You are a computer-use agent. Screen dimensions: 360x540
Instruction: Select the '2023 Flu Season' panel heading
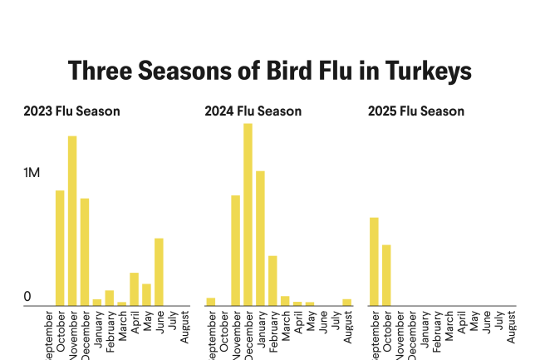click(71, 111)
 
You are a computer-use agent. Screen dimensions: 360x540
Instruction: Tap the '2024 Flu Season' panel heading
click(253, 111)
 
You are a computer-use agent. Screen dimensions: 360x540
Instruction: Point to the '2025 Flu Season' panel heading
click(415, 111)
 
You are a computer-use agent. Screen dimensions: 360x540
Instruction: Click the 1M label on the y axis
click(32, 173)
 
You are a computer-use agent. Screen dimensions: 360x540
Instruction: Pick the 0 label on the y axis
click(27, 297)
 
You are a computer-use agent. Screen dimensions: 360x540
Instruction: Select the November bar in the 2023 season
click(72, 220)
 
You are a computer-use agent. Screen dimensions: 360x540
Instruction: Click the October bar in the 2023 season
click(60, 248)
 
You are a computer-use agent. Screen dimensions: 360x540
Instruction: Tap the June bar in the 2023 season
click(159, 272)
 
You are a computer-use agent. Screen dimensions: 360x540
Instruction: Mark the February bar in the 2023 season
click(109, 298)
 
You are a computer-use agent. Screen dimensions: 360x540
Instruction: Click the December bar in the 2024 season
click(248, 215)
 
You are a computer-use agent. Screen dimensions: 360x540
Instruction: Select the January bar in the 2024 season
click(260, 238)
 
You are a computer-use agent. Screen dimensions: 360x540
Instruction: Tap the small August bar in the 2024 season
click(347, 302)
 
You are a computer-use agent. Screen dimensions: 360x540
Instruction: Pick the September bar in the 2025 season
click(374, 261)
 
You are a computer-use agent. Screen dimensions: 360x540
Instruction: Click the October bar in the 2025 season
click(386, 275)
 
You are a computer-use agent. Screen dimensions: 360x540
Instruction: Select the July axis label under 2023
click(171, 322)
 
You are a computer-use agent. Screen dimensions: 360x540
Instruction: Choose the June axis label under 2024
click(322, 323)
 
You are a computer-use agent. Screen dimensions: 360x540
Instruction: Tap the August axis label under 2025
click(512, 326)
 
